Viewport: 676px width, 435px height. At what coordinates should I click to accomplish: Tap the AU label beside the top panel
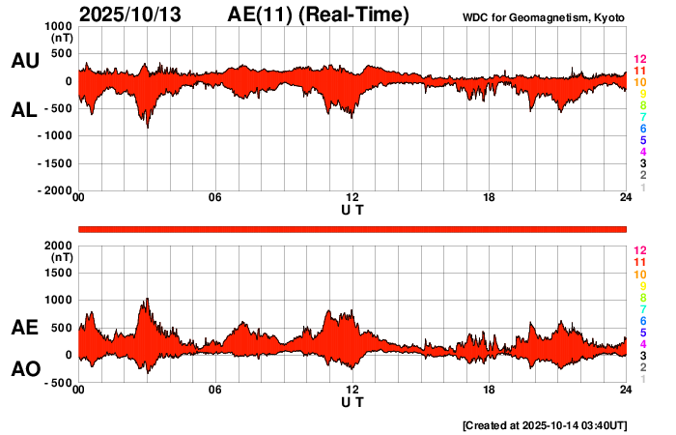24,60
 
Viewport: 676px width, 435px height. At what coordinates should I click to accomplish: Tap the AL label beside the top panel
24,110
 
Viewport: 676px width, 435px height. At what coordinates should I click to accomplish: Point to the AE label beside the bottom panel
24,328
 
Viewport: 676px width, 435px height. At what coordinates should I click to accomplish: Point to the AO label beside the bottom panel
24,369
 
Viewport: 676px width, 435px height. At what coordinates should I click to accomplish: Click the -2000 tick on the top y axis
54,191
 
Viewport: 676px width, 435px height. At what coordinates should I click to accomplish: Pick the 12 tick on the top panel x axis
352,198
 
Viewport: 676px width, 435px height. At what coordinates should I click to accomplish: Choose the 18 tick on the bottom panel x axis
489,390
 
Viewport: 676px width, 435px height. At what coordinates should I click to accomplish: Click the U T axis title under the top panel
352,210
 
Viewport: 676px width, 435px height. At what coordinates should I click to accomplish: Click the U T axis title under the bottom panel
352,401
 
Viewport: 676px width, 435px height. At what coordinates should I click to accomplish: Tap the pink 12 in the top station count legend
639,59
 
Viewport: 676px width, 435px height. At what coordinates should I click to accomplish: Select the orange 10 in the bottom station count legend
639,274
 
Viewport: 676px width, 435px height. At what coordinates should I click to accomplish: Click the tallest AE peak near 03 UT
147,299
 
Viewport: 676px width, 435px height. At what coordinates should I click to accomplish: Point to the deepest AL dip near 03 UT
147,127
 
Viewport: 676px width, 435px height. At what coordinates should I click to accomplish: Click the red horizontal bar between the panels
352,228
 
